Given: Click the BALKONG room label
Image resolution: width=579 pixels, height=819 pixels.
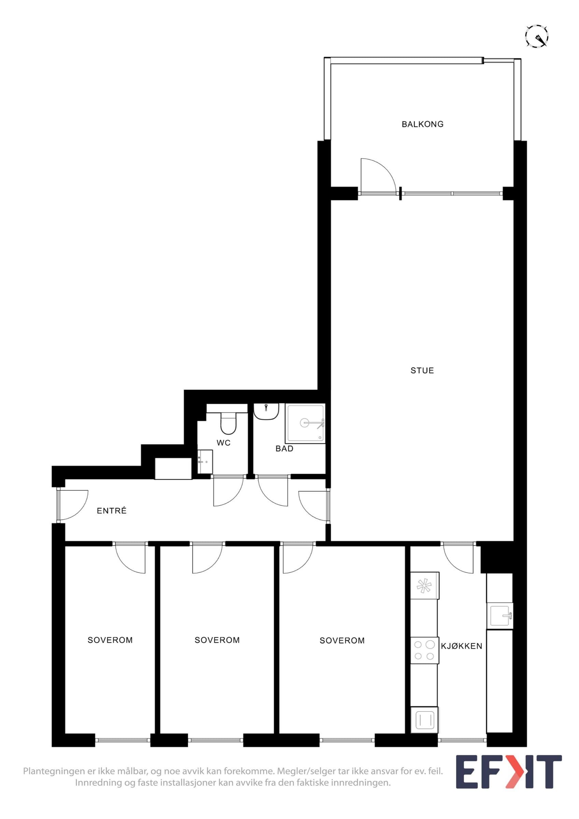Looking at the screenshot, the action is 422,124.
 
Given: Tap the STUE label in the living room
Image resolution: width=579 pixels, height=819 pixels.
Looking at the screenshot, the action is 422,371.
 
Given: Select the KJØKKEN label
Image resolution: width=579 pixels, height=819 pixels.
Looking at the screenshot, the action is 462,646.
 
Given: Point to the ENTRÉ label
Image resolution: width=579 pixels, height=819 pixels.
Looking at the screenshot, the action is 112,511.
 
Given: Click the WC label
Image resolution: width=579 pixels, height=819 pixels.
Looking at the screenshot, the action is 224,443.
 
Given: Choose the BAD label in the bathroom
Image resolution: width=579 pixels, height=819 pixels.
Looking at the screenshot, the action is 284,449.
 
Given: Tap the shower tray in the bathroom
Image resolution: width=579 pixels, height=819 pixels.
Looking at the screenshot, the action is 305,423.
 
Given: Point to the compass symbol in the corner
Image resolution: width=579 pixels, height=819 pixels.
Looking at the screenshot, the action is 537,36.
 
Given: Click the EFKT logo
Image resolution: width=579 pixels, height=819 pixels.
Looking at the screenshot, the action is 509,777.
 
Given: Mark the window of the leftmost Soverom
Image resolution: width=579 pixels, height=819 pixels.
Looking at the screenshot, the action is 123,740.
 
